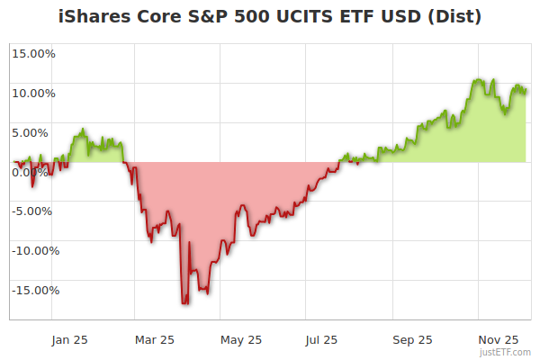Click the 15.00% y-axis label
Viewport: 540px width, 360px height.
tap(33, 53)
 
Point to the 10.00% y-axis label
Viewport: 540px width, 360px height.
tap(33, 93)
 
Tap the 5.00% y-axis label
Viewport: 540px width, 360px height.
tap(36, 132)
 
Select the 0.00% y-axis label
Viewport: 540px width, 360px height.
tap(36, 172)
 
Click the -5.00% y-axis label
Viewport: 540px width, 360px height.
tap(34, 211)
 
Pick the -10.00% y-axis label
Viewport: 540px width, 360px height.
tap(31, 251)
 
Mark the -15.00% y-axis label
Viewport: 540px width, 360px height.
tap(31, 291)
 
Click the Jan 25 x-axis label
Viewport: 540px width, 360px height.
tap(68, 340)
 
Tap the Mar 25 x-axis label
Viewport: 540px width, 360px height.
tap(154, 340)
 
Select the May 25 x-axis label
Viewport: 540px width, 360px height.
tap(240, 340)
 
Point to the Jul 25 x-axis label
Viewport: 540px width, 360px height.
tap(321, 340)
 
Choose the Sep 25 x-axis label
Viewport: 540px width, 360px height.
tap(412, 340)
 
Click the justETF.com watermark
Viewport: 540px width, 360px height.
tap(506, 353)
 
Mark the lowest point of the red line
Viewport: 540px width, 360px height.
tap(184, 303)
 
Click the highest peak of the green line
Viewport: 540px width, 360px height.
tap(478, 79)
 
